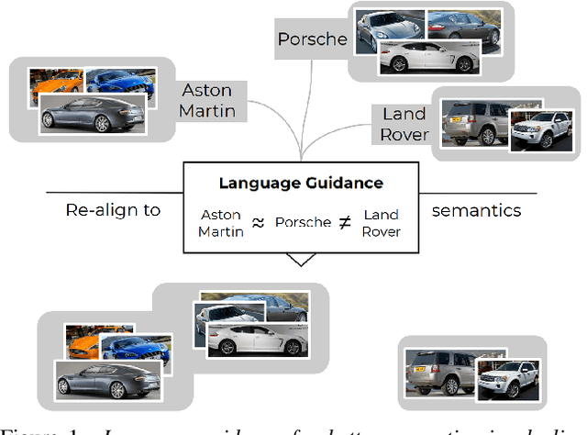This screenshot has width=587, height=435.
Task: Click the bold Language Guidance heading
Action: pyautogui.click(x=301, y=184)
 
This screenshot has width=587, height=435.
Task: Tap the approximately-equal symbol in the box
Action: pyautogui.click(x=259, y=223)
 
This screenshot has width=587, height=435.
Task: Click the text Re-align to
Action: pyautogui.click(x=113, y=210)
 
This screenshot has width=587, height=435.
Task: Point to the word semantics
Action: pyautogui.click(x=476, y=210)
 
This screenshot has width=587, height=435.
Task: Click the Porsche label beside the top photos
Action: pyautogui.click(x=313, y=39)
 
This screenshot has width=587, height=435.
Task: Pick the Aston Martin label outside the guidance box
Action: pyautogui.click(x=208, y=101)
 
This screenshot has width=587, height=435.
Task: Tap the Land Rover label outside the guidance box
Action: pyautogui.click(x=404, y=124)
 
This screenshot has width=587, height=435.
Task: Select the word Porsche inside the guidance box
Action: pyautogui.click(x=303, y=223)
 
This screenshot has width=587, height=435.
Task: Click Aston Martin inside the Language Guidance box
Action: pyautogui.click(x=220, y=223)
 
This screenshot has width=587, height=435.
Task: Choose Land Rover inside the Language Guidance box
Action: pyautogui.click(x=381, y=223)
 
